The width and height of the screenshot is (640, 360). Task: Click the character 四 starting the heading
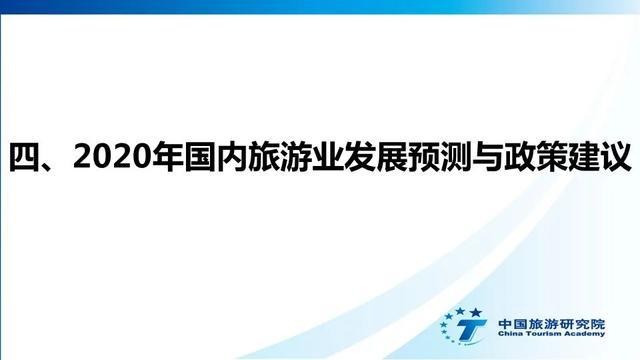click(x=26, y=158)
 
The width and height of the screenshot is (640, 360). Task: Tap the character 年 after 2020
click(x=161, y=158)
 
